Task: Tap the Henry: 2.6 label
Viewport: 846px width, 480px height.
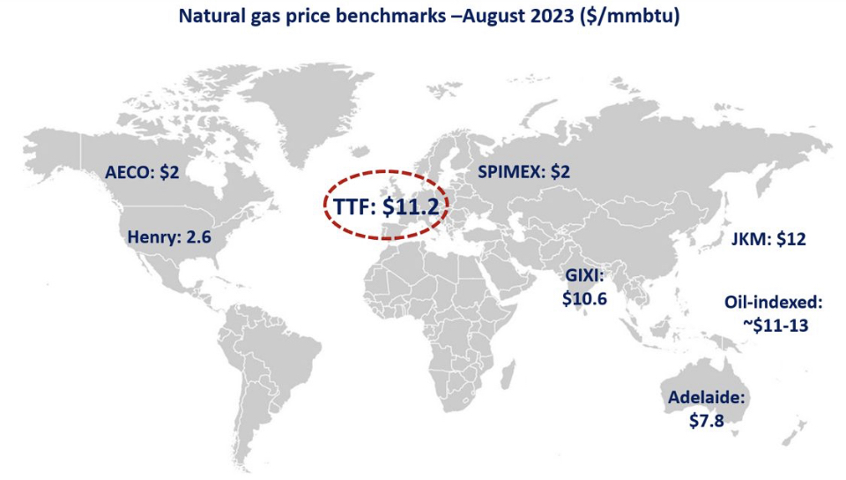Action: (169, 236)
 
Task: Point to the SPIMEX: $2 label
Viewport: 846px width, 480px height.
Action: (523, 172)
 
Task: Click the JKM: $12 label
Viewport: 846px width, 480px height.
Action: (768, 239)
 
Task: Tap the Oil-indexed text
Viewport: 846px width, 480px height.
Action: (773, 302)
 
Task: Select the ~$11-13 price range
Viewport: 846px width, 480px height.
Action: (775, 324)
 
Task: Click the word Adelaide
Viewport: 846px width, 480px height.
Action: (706, 398)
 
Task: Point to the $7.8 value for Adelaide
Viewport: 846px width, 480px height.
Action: (706, 420)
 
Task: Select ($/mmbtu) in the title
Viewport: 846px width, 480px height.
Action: (631, 16)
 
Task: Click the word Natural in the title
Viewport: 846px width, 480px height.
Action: (211, 16)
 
